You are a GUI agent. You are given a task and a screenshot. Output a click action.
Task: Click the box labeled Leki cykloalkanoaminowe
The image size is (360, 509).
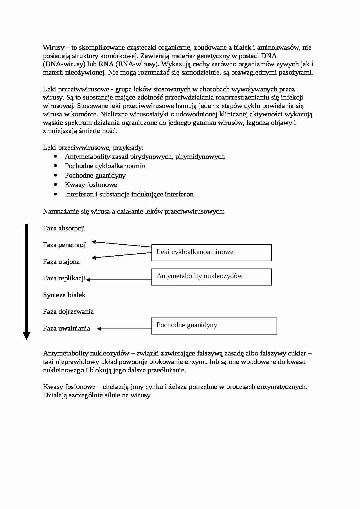click(211, 252)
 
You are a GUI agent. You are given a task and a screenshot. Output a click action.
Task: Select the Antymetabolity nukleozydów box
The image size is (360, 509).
click(211, 277)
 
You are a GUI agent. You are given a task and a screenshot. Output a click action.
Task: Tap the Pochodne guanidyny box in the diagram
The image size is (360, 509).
click(214, 326)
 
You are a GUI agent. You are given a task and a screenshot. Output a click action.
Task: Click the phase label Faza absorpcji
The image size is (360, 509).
click(64, 228)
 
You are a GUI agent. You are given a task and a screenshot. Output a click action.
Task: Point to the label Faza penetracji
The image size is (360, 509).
click(65, 245)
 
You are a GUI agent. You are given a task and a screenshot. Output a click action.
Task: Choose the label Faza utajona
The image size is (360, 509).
click(61, 261)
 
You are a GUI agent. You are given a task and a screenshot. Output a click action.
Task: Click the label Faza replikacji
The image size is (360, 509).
click(64, 278)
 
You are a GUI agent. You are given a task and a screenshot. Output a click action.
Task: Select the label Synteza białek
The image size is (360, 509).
click(64, 295)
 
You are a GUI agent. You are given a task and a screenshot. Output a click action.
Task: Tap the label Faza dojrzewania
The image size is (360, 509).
click(68, 312)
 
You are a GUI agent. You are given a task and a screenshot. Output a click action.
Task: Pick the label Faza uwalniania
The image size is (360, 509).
click(66, 328)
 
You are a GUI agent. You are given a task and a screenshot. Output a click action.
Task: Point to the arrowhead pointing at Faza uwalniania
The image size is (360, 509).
click(99, 329)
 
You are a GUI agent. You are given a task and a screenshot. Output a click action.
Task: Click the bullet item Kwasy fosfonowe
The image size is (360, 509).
click(91, 185)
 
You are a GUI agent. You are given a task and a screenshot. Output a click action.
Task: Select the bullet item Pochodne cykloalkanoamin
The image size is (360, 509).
click(105, 166)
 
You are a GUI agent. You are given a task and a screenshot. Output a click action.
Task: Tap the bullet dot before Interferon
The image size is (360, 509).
click(56, 194)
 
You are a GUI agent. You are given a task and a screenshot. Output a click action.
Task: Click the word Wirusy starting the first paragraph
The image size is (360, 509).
click(51, 47)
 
